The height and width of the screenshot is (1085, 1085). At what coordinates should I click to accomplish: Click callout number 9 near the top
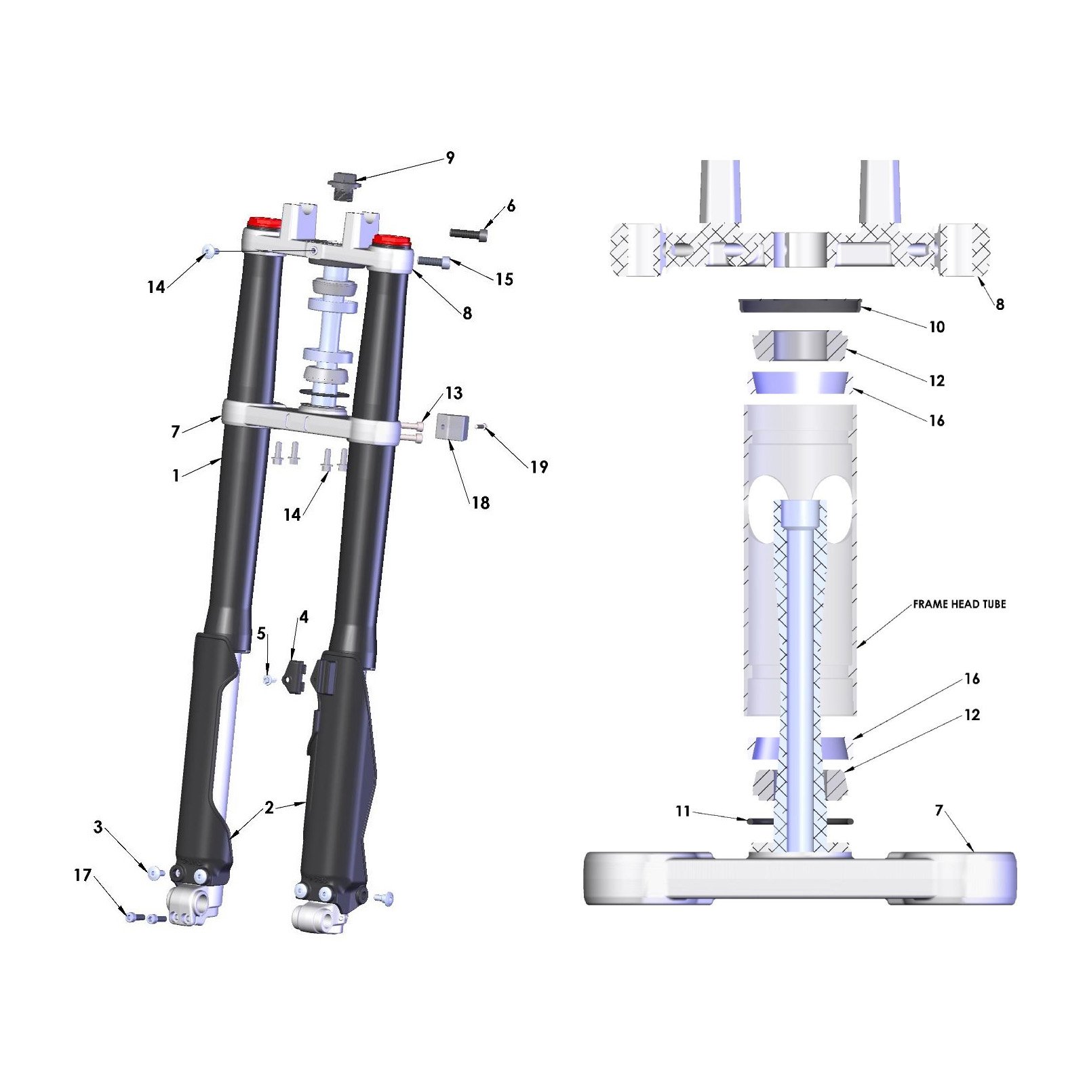click(x=450, y=158)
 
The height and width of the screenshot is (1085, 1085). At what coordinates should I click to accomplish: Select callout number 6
click(x=511, y=205)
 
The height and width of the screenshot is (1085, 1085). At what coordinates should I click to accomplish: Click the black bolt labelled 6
click(x=469, y=234)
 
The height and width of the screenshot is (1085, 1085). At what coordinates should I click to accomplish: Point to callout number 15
click(x=504, y=279)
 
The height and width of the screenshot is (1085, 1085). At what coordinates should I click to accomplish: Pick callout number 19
click(x=539, y=467)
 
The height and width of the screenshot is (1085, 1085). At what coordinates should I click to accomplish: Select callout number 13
click(x=454, y=393)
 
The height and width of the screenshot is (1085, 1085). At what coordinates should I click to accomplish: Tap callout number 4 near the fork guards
click(x=304, y=617)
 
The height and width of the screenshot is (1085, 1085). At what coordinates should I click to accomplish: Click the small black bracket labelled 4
click(x=296, y=675)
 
